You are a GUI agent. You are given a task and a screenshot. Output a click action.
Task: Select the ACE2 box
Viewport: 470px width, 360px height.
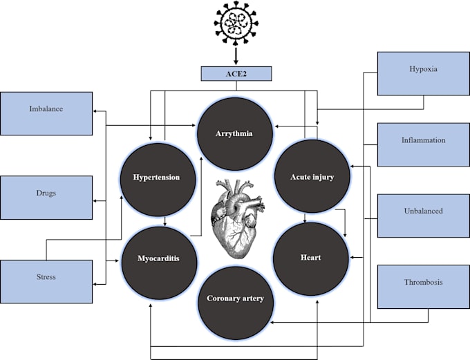click(x=236, y=73)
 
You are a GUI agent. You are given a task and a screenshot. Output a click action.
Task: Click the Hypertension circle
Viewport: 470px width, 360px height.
click(x=156, y=178)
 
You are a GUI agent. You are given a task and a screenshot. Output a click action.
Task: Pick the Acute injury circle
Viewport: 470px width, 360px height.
click(x=312, y=178)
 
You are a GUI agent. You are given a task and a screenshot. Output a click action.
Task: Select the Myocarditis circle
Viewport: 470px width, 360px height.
click(x=159, y=258)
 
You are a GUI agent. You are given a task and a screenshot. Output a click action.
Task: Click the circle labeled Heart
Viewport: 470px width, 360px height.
click(x=310, y=258)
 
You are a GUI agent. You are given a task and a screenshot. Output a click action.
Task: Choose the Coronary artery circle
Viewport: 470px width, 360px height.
click(x=235, y=299)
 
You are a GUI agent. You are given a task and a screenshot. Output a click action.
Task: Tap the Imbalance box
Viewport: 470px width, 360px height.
click(x=47, y=109)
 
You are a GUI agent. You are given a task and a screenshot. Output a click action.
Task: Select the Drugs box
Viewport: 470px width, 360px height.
click(x=47, y=193)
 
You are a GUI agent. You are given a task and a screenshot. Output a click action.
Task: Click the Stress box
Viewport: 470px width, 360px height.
click(x=47, y=277)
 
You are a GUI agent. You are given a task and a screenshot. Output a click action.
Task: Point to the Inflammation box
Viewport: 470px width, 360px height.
click(x=423, y=141)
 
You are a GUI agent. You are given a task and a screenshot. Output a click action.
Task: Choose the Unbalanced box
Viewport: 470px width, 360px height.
click(x=423, y=211)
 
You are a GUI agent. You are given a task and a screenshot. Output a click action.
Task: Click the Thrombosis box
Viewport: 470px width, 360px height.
click(x=423, y=282)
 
